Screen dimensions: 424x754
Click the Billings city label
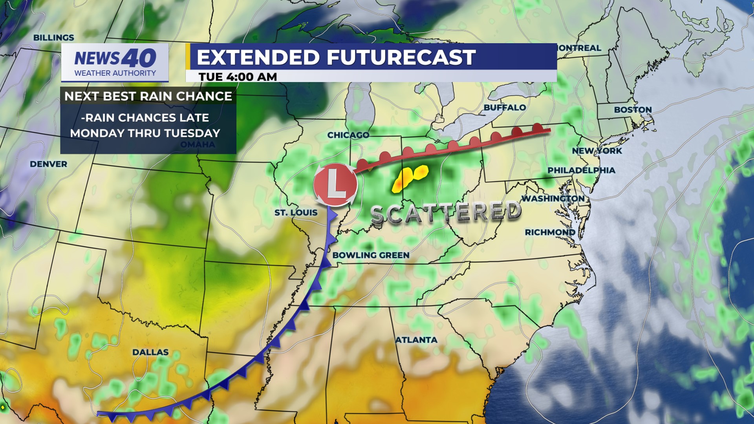coord(53,38)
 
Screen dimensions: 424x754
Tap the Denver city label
coord(48,164)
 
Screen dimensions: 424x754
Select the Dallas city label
coord(150,352)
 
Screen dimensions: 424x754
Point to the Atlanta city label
coord(416,340)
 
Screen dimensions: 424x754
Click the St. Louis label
coord(296,213)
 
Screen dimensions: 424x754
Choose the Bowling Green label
coord(371,255)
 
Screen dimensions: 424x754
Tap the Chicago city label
coord(348,135)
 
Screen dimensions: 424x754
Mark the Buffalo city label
coord(505,108)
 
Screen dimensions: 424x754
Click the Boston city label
coord(633,110)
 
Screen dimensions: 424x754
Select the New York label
coord(597,151)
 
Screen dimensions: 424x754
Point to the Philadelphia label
coord(581,170)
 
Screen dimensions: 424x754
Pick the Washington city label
coord(553,199)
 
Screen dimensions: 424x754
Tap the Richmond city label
coord(550,232)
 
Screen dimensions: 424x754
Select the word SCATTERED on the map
coord(446,213)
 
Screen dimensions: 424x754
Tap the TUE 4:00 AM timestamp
coord(238,77)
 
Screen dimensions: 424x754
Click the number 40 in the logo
coord(139,58)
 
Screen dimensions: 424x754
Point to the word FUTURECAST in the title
coord(401,57)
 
